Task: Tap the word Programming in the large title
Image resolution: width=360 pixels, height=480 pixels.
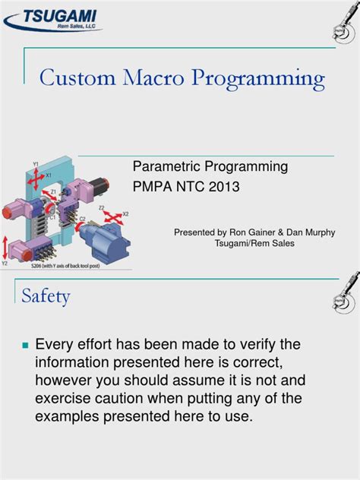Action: [261, 79]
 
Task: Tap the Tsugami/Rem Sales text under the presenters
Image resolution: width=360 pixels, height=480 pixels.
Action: [254, 244]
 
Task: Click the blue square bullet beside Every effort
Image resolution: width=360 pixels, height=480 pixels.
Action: [24, 346]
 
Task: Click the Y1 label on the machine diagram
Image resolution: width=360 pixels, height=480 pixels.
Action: [36, 163]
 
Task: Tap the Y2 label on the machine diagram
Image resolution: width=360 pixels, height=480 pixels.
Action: [5, 264]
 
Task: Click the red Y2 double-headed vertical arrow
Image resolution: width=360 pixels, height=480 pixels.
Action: [6, 248]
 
